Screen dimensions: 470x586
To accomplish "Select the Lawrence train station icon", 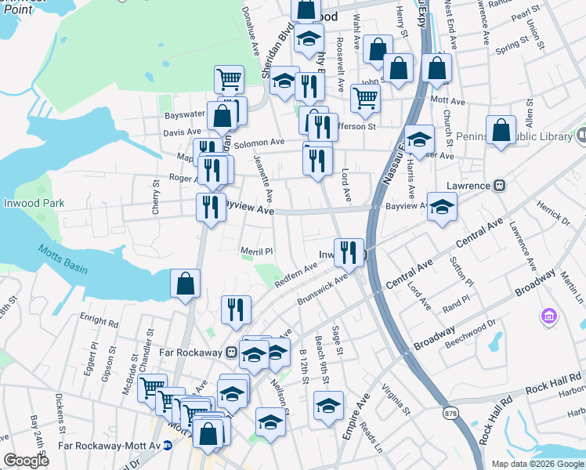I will coord(498,186).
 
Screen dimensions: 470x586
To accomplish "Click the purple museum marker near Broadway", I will coord(548,317).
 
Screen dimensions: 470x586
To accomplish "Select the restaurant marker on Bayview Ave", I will coord(210,207).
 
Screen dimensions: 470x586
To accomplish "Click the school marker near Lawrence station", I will coord(442,207).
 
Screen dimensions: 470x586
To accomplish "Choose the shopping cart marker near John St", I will coord(365,99).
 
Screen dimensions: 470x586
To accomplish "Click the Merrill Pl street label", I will coord(256,251).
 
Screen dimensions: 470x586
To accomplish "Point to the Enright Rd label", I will coord(99,321).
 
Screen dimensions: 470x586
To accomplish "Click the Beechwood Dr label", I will coord(470,333).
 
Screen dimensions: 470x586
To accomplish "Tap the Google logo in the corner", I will coord(26,461).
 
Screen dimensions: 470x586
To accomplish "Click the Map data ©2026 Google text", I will coord(537,464).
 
